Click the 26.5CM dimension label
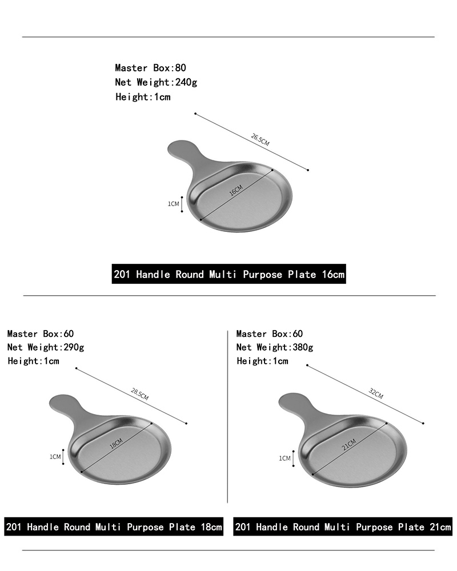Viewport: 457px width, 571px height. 260,140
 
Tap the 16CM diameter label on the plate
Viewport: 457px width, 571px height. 236,191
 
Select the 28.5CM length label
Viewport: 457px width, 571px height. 139,395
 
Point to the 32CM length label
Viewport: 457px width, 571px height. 376,393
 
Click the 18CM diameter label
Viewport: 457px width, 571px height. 117,443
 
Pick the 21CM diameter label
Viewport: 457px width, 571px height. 349,445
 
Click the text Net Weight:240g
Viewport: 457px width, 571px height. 156,83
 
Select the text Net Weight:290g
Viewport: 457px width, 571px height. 46,347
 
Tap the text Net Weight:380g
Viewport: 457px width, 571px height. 274,347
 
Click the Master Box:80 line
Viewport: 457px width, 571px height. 150,68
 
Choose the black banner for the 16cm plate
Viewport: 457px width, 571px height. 229,274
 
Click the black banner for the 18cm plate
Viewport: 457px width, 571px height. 114,526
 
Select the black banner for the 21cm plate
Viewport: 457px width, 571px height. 343,526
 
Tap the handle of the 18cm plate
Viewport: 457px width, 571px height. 67,407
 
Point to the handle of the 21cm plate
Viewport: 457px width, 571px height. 297,406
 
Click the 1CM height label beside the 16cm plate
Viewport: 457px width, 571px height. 174,204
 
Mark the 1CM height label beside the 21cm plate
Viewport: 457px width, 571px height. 284,458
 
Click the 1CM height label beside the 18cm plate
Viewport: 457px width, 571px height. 55,457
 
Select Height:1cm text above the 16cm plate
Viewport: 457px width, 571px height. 143,97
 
